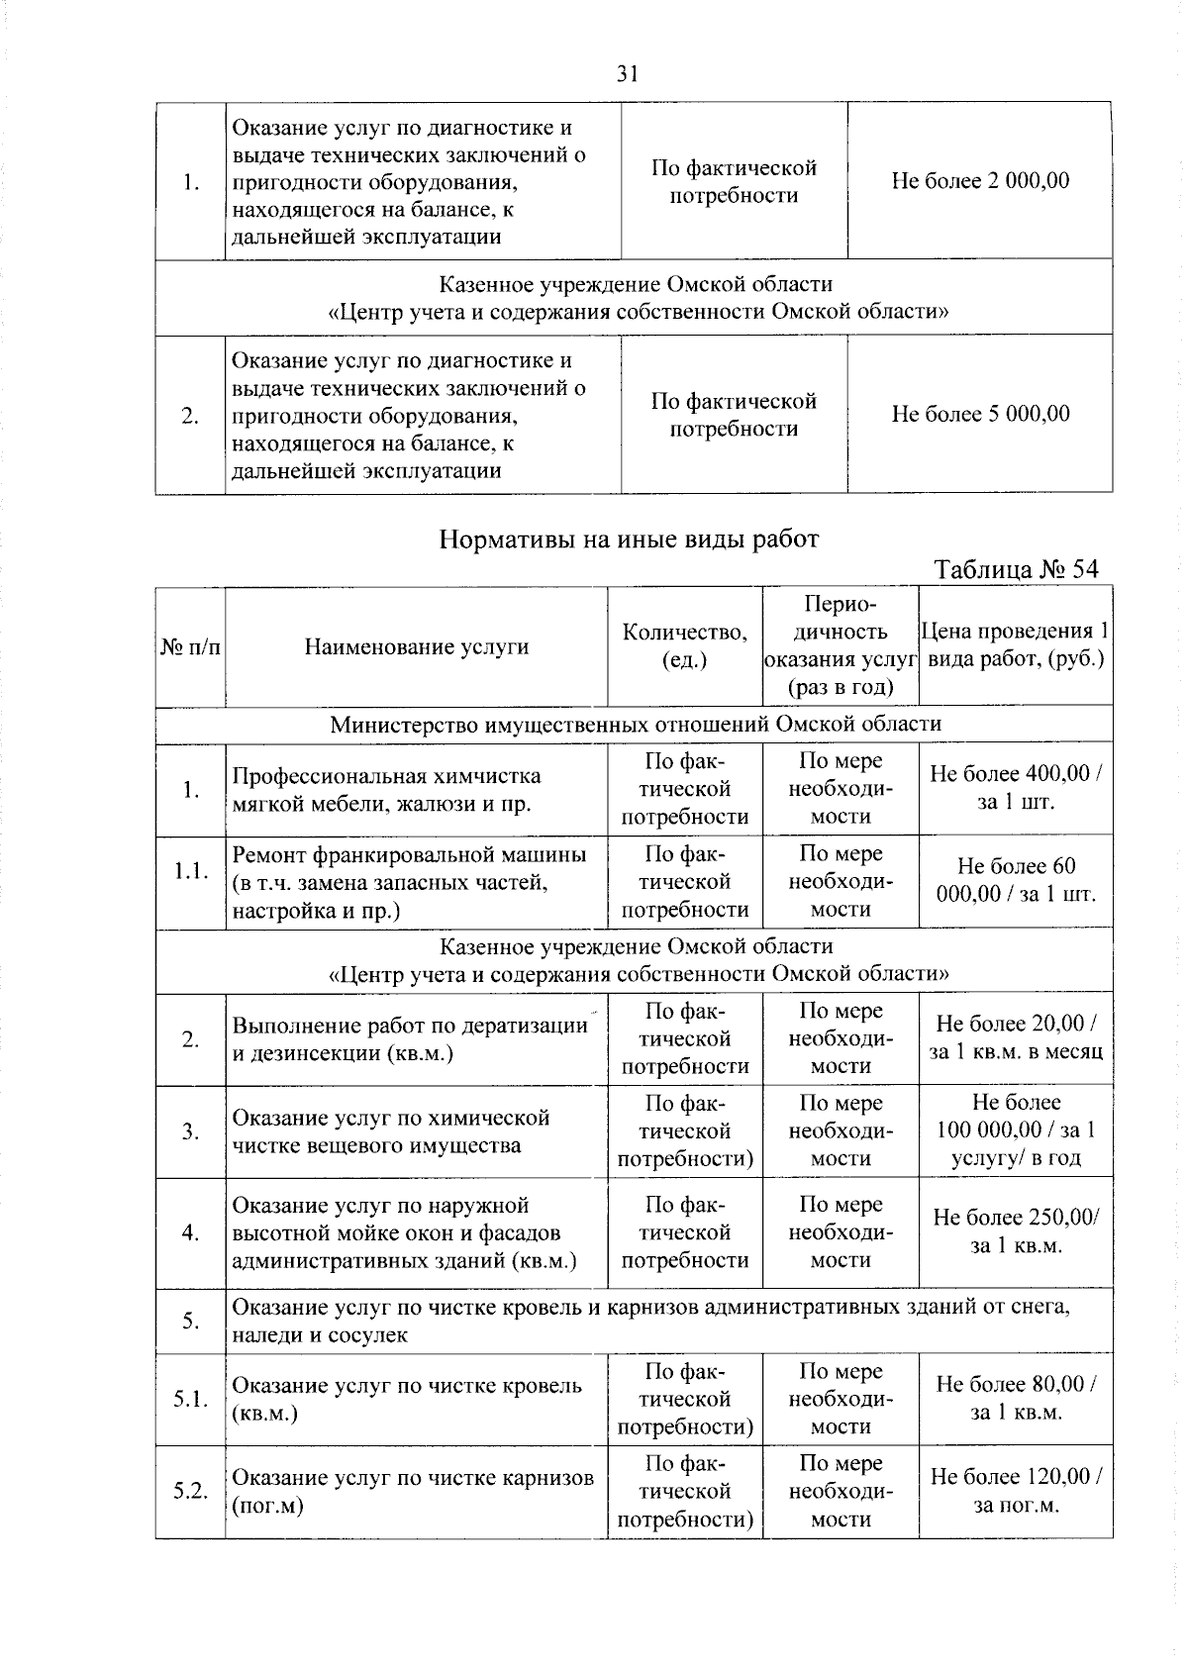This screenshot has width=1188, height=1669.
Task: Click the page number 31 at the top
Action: coord(627,73)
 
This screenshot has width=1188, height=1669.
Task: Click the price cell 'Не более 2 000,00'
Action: coord(980,181)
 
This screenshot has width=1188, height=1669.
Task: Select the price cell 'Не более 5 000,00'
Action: coord(980,414)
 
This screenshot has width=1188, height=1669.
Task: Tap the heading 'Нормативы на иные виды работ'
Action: coord(629,540)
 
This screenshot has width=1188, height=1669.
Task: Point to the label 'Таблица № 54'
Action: coord(1017,570)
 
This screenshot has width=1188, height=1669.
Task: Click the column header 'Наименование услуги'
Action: coord(416,647)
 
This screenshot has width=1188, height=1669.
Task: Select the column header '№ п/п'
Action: coord(190,647)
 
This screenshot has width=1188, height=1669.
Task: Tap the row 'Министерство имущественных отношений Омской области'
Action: coord(635,725)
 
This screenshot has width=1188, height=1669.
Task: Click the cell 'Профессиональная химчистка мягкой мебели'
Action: coord(387,789)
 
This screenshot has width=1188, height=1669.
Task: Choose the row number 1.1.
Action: coord(190,871)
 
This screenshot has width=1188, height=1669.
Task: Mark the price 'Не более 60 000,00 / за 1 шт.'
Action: coord(1016,880)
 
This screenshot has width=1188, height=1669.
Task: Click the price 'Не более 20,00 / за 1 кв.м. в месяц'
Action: coord(1016,1037)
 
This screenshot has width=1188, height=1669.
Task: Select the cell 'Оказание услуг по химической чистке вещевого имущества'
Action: coord(391,1131)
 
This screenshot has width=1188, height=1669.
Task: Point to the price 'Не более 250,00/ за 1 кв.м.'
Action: coord(1016,1231)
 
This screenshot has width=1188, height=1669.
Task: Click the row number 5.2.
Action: coord(190,1491)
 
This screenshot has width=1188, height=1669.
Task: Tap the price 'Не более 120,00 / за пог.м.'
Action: coord(1016,1491)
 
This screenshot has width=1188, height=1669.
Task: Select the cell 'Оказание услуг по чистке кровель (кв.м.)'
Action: coord(406,1399)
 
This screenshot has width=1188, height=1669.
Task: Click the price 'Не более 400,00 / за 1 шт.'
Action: coord(1016,787)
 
